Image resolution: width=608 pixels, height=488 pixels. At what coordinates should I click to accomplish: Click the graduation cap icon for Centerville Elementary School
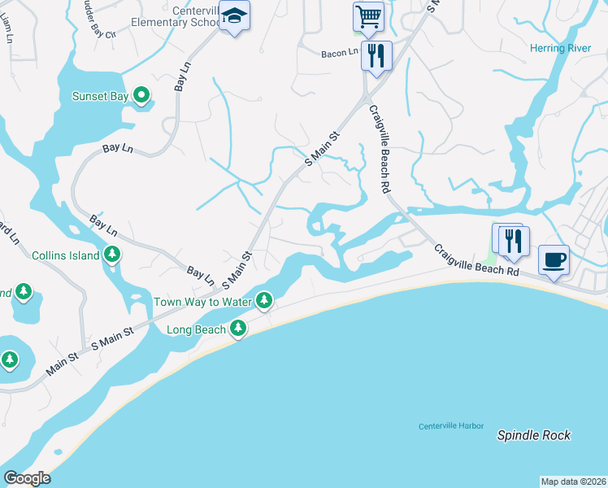pos(234,16)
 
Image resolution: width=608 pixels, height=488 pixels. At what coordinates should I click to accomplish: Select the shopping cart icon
pos(368,15)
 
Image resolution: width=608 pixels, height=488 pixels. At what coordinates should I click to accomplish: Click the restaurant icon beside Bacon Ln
pos(376,54)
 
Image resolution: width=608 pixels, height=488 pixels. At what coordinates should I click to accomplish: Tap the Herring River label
pos(560,49)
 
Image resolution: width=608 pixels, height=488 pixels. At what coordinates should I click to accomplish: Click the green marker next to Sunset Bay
pos(141,97)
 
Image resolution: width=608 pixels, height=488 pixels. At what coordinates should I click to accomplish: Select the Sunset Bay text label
pos(101,97)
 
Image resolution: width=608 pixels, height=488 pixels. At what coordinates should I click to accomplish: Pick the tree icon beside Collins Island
pos(112,255)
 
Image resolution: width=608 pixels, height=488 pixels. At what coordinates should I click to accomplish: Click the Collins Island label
pos(66,255)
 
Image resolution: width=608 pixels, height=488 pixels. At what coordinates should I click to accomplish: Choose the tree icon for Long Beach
pos(237,329)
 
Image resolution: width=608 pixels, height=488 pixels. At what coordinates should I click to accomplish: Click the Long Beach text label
pos(196,330)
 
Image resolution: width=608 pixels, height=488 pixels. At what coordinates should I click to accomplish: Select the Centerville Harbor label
pos(451,426)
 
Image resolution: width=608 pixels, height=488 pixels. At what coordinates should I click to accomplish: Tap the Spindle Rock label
pos(534,435)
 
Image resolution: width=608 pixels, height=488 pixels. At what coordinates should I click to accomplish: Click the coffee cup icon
pos(554,259)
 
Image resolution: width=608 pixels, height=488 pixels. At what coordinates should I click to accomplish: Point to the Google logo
pos(27,478)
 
